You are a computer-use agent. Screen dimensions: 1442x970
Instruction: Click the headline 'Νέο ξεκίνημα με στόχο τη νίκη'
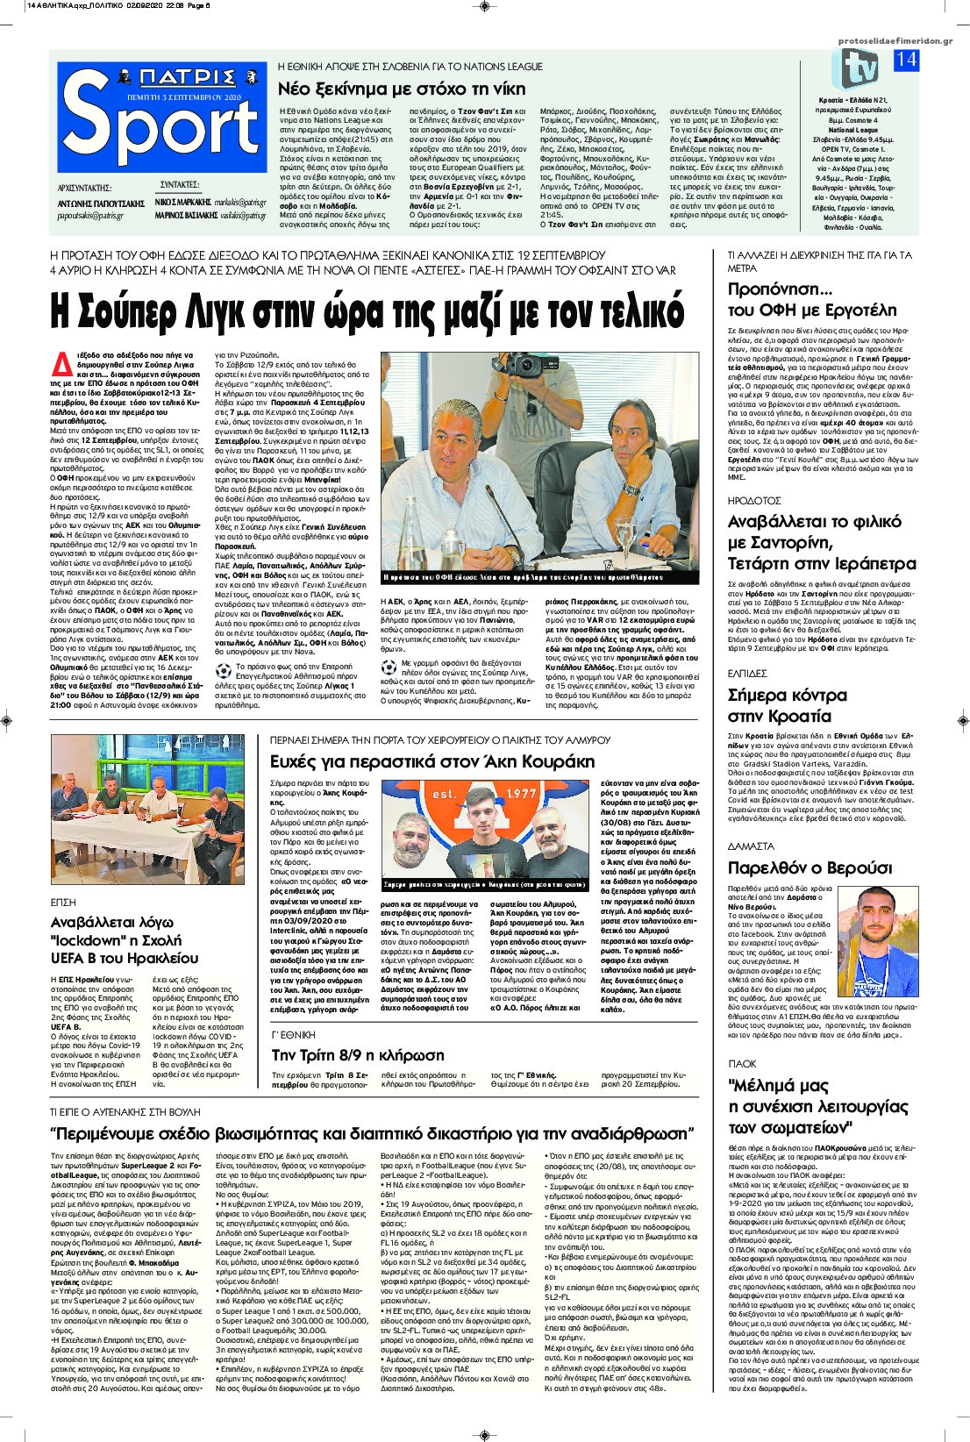click(402, 89)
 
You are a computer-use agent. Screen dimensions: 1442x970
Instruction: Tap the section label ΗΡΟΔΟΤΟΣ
click(753, 500)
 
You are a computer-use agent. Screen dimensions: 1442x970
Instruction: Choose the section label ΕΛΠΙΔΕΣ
click(747, 673)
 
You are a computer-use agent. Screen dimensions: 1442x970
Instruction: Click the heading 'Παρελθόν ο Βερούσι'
click(810, 867)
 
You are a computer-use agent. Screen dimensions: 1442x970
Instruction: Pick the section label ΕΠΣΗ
click(64, 901)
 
